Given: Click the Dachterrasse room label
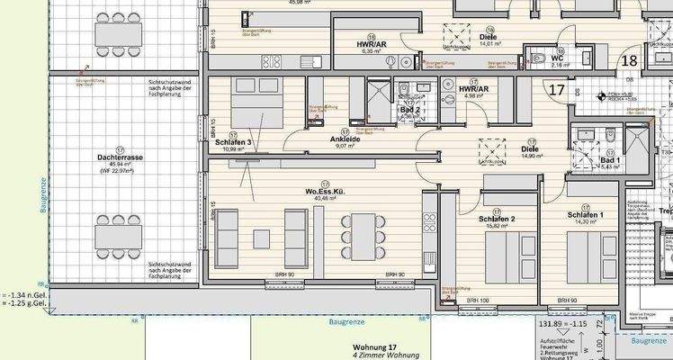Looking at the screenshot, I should point(118,157).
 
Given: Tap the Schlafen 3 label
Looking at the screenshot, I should point(232,143).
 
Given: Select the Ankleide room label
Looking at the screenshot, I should point(322,139).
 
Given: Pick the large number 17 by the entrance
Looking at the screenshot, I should point(557,89).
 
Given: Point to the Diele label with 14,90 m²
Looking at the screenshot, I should point(531,149).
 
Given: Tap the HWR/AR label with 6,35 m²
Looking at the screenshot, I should point(372,45).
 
